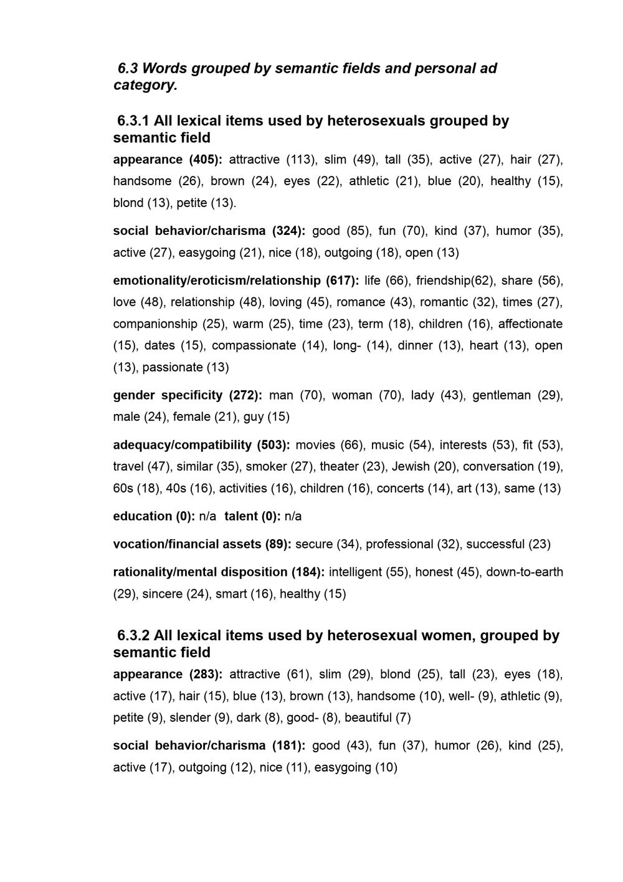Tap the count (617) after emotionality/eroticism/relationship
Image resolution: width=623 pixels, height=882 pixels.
342,280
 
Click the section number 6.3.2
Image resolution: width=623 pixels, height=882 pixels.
133,636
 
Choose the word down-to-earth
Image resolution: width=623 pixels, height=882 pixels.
525,572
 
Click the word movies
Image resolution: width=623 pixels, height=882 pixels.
316,445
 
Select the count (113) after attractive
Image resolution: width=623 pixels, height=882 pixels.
302,160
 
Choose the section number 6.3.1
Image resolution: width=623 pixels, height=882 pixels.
133,120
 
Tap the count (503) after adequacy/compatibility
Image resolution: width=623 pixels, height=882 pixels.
273,445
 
